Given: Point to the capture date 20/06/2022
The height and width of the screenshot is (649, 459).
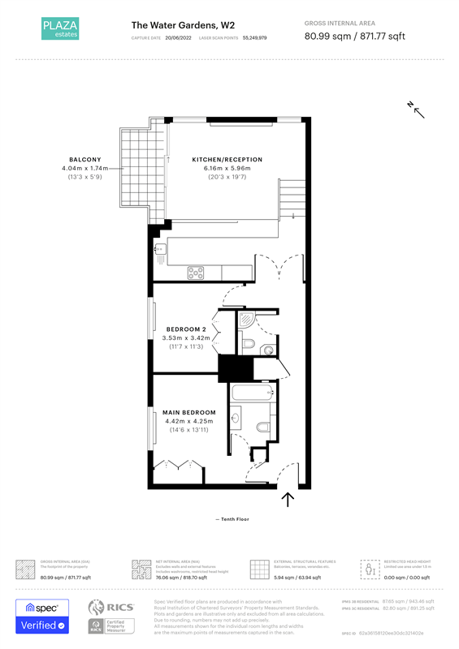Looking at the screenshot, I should [x=179, y=38].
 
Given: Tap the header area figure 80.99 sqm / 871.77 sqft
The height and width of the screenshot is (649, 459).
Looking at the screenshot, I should [x=353, y=37].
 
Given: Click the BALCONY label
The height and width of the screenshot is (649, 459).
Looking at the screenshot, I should [x=84, y=159].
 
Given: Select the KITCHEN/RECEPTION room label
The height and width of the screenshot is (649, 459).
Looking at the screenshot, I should [x=227, y=160].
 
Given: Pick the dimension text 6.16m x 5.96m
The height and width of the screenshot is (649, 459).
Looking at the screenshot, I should [x=227, y=168].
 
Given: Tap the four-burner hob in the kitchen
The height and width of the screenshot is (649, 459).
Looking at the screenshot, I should [x=196, y=272].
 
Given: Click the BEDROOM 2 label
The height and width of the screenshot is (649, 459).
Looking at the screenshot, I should [x=186, y=329].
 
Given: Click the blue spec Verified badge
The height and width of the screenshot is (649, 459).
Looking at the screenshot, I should [x=45, y=617].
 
